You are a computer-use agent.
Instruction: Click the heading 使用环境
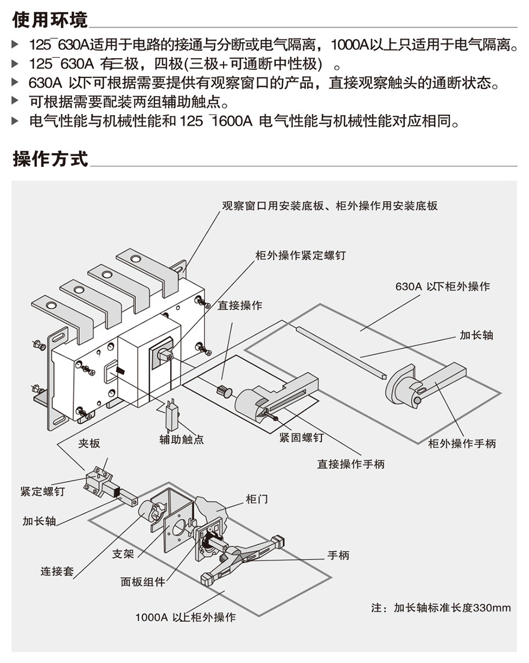[x=50, y=19]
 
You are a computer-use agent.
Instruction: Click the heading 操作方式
[x=50, y=159]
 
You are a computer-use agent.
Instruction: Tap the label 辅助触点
[x=182, y=440]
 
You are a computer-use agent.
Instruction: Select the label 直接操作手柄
[x=351, y=464]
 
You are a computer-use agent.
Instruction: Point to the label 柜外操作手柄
[x=462, y=443]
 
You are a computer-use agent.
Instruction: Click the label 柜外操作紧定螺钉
[x=301, y=255]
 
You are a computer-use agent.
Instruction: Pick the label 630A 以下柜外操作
[x=442, y=286]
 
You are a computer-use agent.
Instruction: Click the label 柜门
[x=257, y=499]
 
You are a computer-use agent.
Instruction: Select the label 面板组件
[x=142, y=582]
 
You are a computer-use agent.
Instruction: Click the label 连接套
[x=57, y=571]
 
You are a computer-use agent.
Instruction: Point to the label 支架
[x=123, y=554]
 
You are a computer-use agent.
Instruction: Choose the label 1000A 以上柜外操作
[x=185, y=617]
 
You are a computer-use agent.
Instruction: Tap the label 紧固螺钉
[x=301, y=437]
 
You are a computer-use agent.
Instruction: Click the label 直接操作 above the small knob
[x=240, y=305]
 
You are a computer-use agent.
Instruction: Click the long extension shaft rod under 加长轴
[x=341, y=351]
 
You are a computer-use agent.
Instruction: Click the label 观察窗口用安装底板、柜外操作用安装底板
[x=329, y=205]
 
